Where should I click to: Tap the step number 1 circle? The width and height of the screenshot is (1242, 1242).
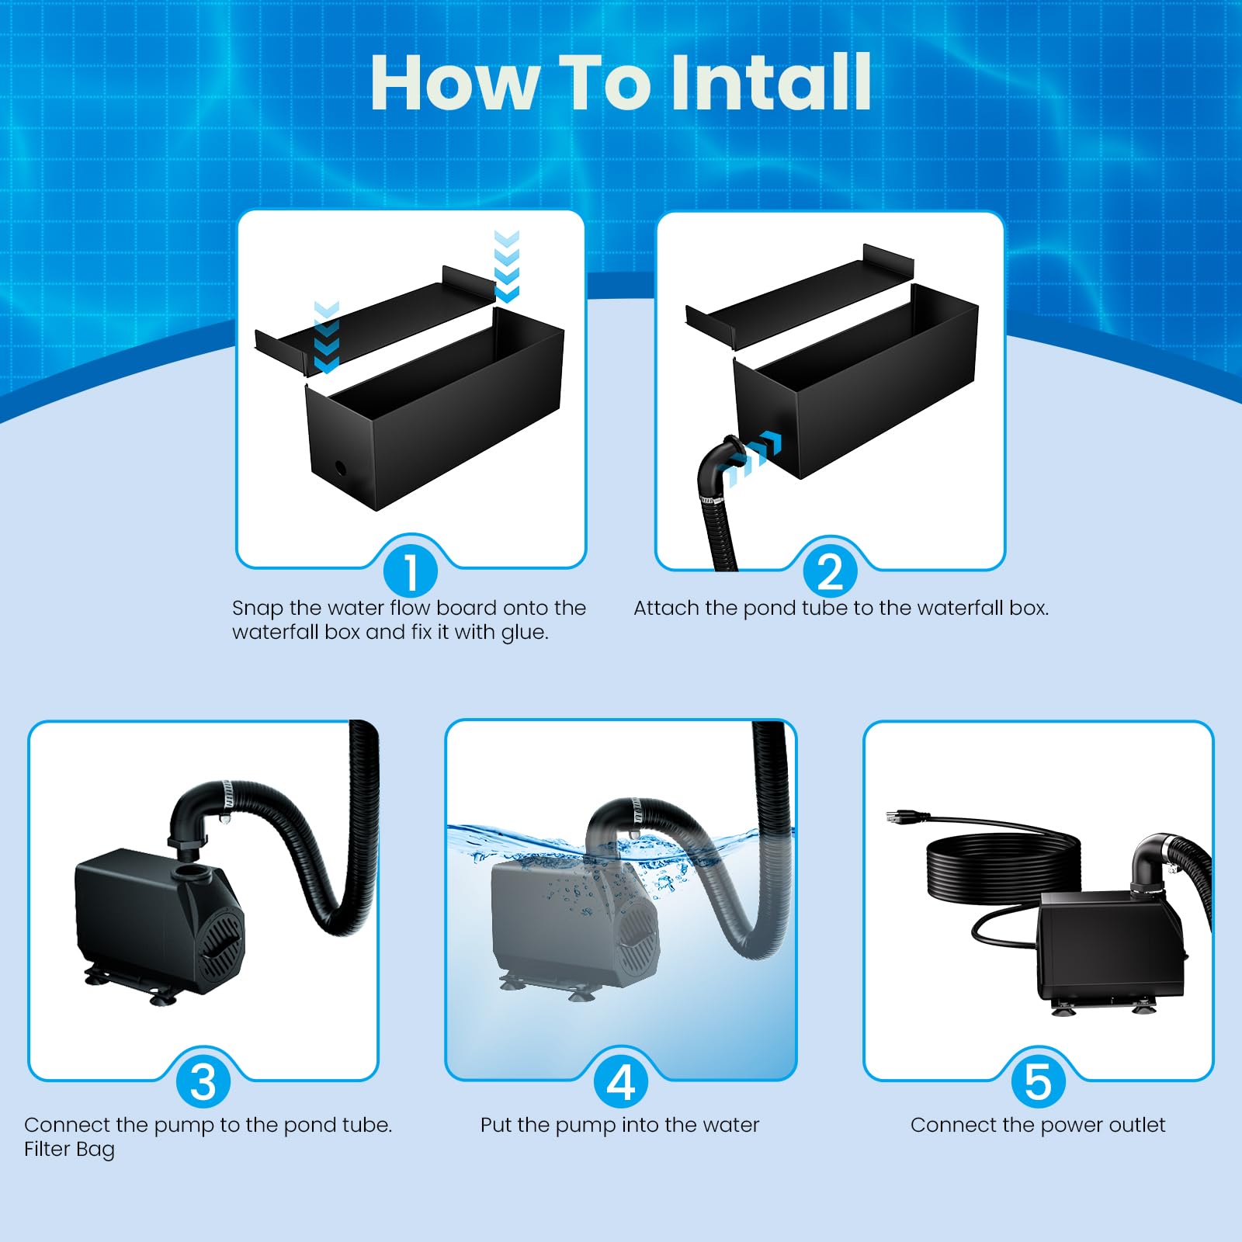[411, 571]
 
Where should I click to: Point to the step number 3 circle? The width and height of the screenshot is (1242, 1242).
[203, 1081]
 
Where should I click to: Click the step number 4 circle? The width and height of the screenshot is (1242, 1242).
[620, 1081]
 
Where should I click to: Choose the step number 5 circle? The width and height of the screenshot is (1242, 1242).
[1038, 1081]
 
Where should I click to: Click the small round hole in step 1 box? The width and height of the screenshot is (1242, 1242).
[340, 468]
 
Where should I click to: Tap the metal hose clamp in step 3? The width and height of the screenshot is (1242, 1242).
[227, 793]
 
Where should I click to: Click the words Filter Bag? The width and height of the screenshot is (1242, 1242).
[69, 1150]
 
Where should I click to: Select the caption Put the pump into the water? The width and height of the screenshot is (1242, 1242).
[619, 1126]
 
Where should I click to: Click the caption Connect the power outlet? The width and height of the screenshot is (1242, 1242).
[1038, 1126]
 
